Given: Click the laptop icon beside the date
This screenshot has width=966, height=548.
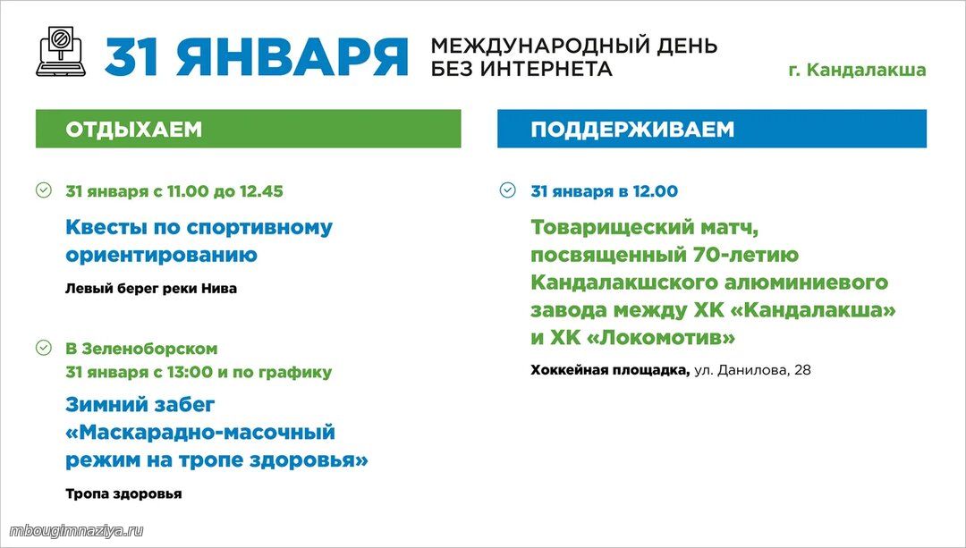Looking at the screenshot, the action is tap(61, 52).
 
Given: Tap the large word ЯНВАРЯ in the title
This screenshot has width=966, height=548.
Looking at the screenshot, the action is tap(292, 56).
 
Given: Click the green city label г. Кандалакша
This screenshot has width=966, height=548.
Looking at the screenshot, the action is tap(857, 70).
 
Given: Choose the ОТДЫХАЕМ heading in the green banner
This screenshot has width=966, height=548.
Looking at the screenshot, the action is tap(133, 130).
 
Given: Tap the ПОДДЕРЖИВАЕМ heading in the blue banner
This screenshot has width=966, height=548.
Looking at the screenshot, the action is tap(632, 130).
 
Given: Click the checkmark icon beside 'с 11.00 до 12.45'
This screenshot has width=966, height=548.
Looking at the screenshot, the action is tap(44, 190).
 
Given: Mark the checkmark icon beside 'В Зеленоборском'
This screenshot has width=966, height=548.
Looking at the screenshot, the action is tap(44, 347).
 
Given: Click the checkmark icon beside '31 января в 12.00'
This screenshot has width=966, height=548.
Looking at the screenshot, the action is tap(508, 190).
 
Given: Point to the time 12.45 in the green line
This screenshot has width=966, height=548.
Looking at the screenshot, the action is tap(261, 191).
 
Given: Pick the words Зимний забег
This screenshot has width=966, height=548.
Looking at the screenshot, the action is tap(140, 405).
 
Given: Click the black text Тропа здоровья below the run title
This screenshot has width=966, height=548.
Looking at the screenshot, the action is tap(123, 493).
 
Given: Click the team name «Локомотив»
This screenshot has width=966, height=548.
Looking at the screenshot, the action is tap(666, 337).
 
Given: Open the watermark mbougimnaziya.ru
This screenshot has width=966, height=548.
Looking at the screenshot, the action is tap(76, 531).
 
